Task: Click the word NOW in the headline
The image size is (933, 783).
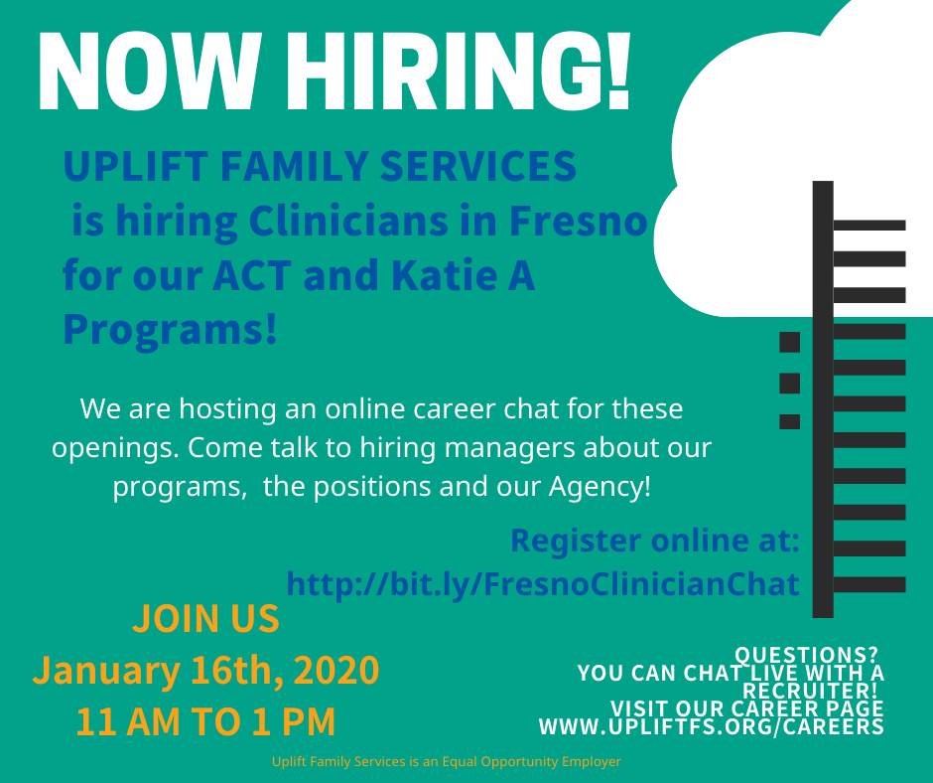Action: (x=151, y=72)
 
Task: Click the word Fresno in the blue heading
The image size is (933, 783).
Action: (x=578, y=221)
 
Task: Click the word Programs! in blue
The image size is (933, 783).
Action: (x=170, y=330)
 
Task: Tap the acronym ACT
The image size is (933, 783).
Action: (x=252, y=275)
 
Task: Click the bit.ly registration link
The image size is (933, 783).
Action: (x=543, y=583)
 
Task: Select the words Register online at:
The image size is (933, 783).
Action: (x=655, y=540)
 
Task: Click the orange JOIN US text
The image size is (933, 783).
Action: (x=205, y=618)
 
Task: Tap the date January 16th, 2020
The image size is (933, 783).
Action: (x=205, y=670)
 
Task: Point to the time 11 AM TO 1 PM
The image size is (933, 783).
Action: (x=205, y=721)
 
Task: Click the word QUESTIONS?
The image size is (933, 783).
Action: (x=806, y=655)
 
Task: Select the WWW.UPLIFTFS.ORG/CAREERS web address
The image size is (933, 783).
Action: (x=711, y=727)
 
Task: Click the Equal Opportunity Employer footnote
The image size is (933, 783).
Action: (x=447, y=761)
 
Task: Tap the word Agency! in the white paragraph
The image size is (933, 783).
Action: (x=600, y=487)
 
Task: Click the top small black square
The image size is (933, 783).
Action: (x=790, y=342)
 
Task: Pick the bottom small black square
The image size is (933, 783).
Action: (x=790, y=422)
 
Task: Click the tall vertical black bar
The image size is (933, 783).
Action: (x=823, y=399)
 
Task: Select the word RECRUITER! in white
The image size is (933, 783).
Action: (x=811, y=692)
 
